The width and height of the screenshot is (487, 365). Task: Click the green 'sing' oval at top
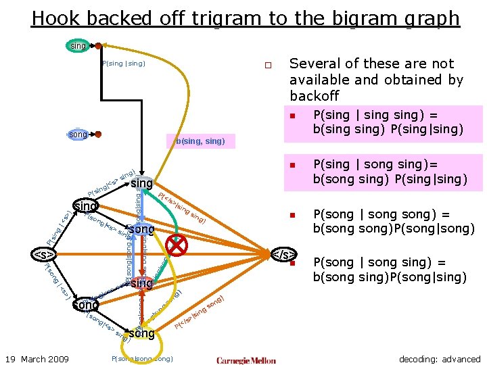[78, 46]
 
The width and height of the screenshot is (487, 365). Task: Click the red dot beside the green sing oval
[99, 46]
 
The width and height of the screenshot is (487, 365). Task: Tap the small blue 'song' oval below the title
[78, 135]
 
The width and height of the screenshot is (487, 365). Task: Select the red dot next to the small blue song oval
[98, 135]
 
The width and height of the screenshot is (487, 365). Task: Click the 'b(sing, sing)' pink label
[200, 141]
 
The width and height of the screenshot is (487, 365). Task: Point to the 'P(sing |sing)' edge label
[123, 64]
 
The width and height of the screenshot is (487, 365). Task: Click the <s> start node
[44, 255]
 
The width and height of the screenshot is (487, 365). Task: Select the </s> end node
[283, 255]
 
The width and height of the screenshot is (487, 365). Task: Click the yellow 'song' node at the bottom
[141, 333]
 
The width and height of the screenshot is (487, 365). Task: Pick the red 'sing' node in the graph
[141, 283]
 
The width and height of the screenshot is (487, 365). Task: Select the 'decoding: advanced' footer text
[440, 359]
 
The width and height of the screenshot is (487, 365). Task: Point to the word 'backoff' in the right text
[315, 96]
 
